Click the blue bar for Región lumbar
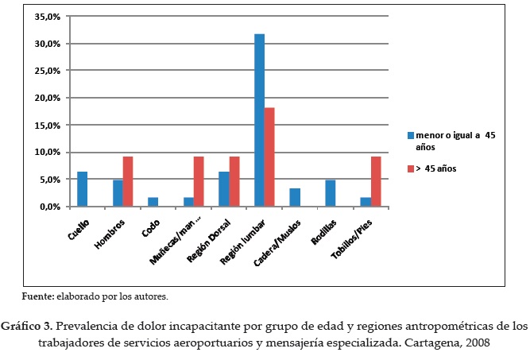pos(259,120)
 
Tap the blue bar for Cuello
pos(82,189)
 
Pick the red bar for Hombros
pos(128,181)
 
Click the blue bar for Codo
pos(153,202)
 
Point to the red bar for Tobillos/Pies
pos(375,181)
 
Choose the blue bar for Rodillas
pos(330,193)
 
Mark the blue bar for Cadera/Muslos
pos(295,197)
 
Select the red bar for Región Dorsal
pos(234,181)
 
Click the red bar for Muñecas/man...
pos(199,181)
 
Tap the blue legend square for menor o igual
pos(410,136)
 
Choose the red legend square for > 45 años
pos(410,168)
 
